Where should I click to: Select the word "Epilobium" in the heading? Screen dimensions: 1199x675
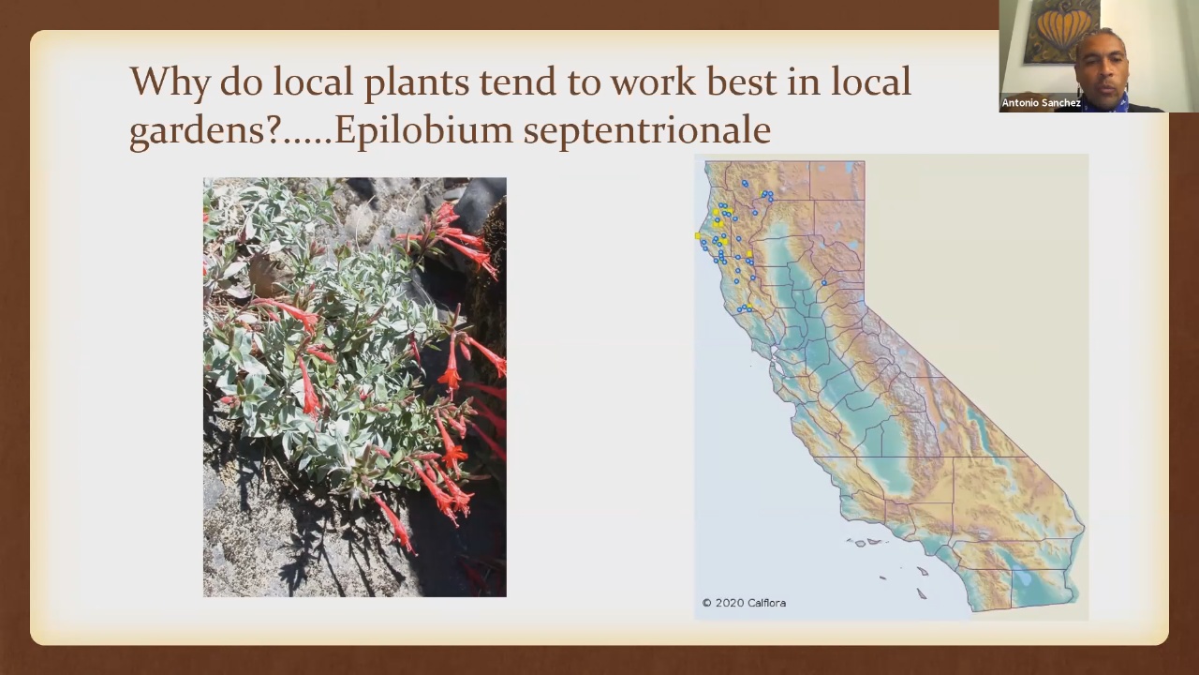point(423,130)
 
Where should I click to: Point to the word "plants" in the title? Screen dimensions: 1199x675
point(417,83)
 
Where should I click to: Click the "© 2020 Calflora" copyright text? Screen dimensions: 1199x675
point(744,603)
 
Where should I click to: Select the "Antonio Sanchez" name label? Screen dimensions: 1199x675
point(1041,102)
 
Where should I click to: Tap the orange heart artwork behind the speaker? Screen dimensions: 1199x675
point(1063,32)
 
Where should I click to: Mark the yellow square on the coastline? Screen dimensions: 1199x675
point(698,235)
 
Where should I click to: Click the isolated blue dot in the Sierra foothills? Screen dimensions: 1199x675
point(823,283)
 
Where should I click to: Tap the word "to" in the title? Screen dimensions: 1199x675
point(584,83)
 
